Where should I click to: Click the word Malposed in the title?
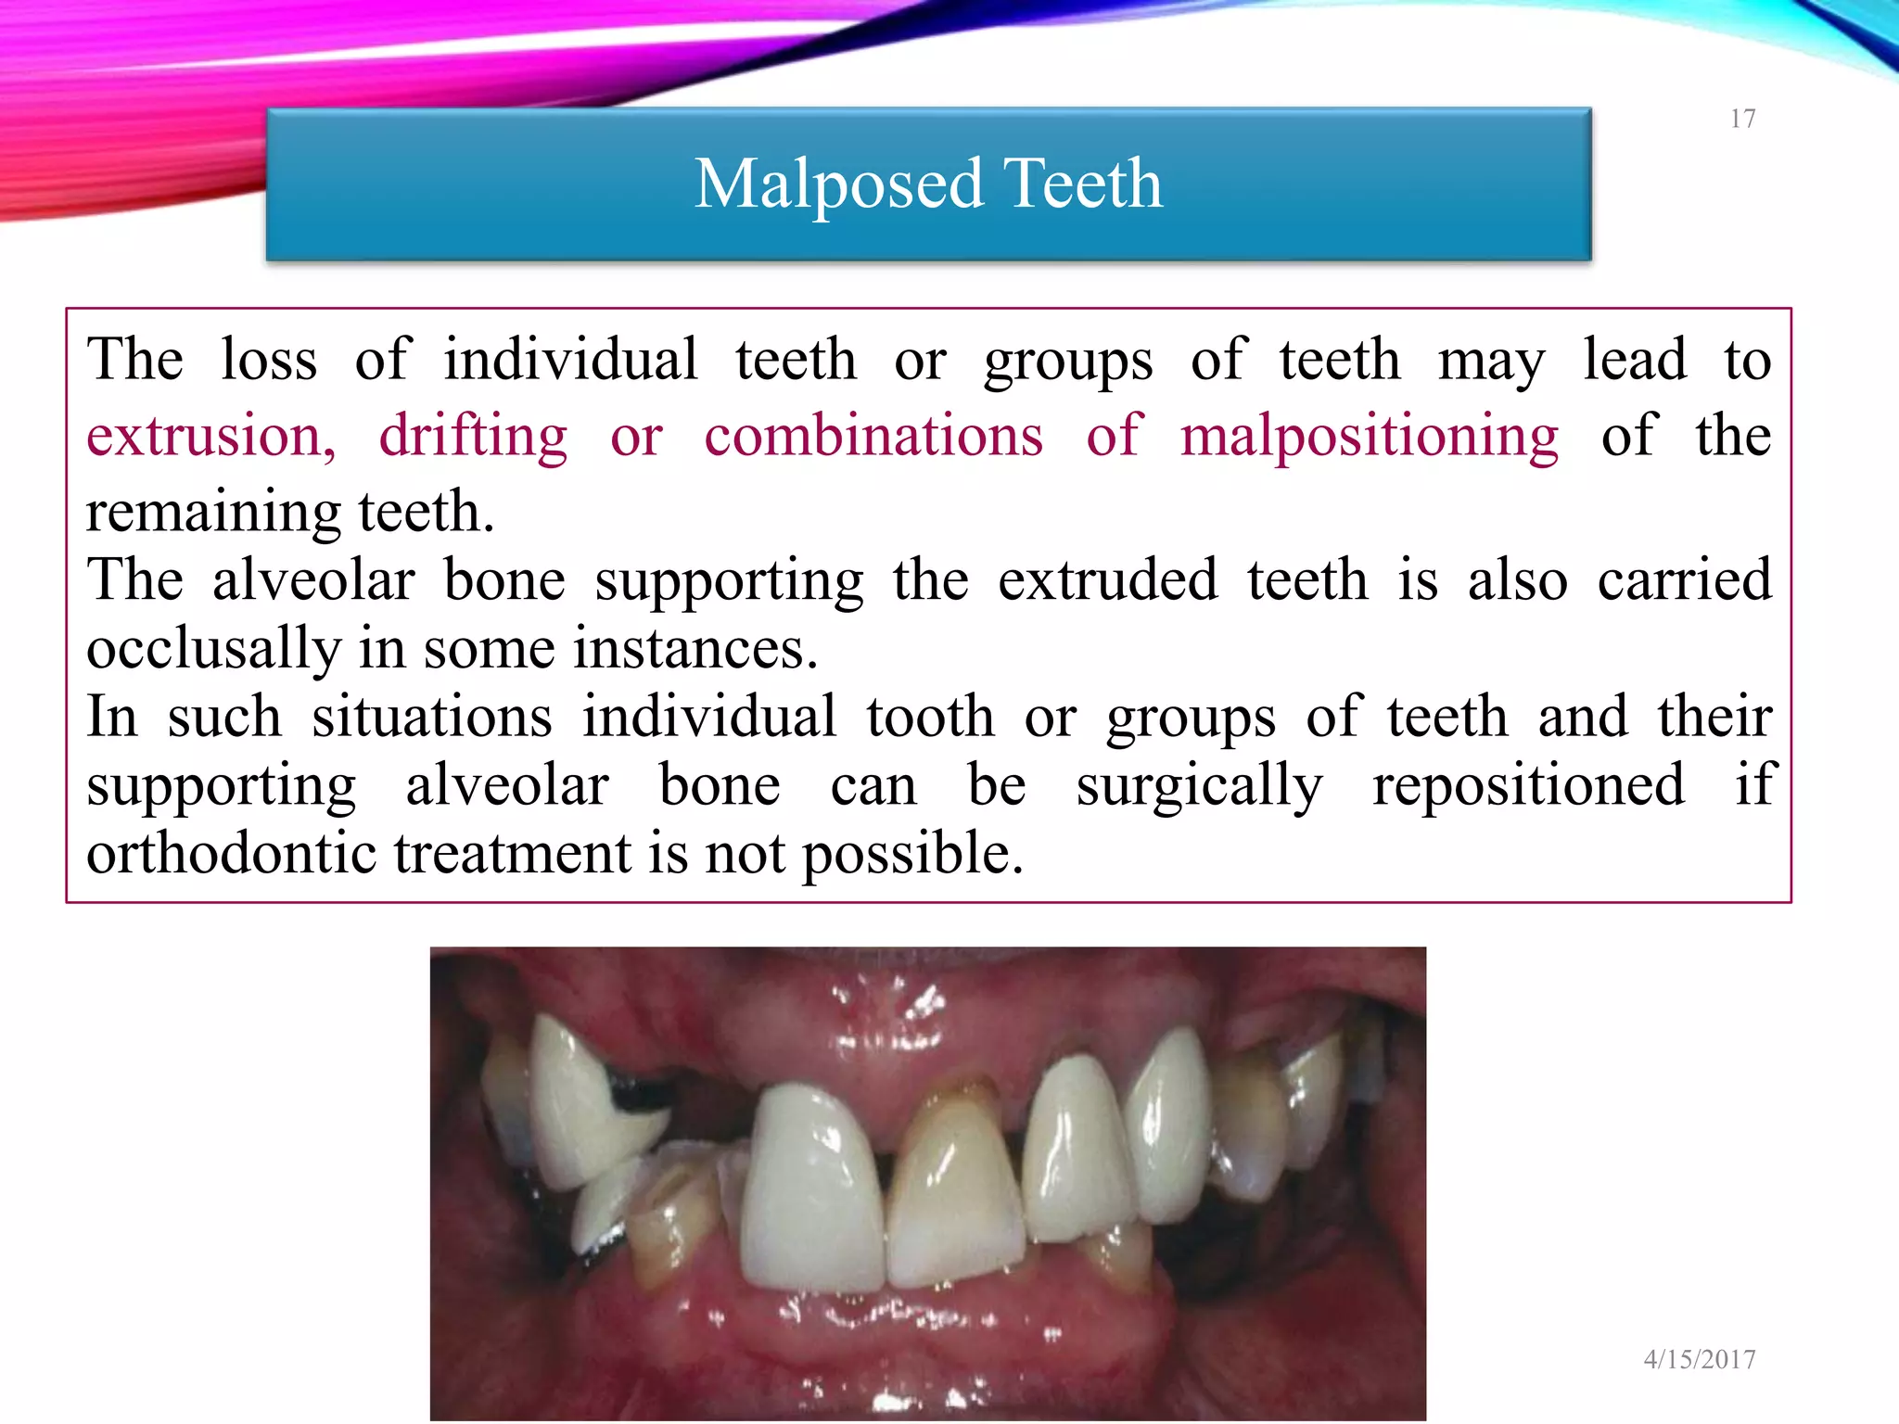(837, 184)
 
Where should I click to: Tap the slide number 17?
(1742, 119)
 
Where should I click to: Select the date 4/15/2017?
(1700, 1359)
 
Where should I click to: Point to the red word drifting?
(473, 436)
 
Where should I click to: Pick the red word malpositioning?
(1369, 436)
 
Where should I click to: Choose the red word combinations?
(873, 436)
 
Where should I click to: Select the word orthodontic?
(232, 853)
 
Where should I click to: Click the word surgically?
(1199, 785)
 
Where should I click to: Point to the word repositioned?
(1528, 785)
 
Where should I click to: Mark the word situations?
(432, 717)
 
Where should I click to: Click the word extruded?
(1107, 579)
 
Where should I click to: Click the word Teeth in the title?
(1082, 184)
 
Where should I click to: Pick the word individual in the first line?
(570, 360)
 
